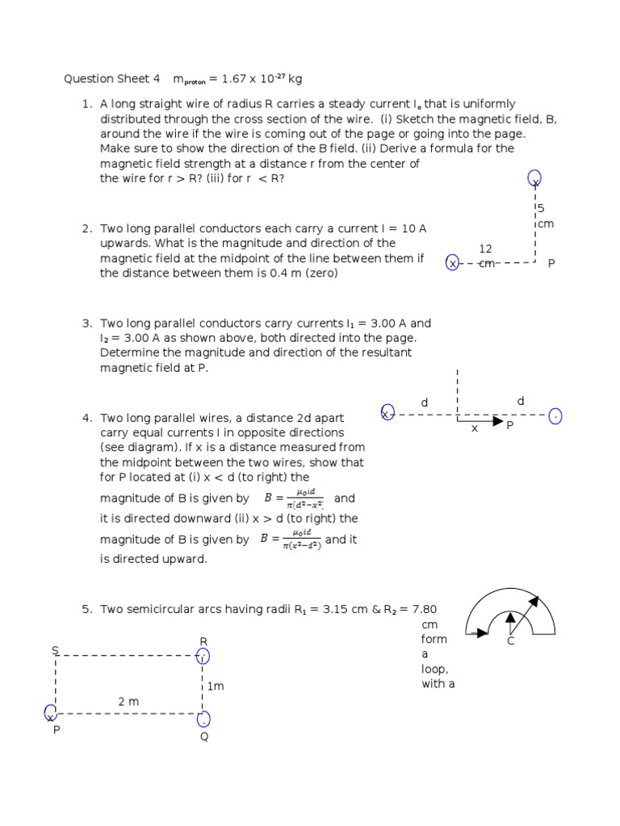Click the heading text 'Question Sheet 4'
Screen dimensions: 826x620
pos(107,79)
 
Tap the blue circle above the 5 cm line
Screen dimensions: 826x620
pos(534,178)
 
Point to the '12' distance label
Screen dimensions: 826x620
pos(485,249)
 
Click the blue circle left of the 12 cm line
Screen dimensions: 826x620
pos(452,263)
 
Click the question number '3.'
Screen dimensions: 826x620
pos(86,323)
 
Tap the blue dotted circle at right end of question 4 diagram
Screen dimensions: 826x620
pos(555,415)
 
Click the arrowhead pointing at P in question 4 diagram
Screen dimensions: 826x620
pos(498,421)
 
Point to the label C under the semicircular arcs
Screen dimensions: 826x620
pos(510,641)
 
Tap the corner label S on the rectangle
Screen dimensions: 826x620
pos(55,650)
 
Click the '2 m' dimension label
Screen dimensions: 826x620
pos(128,702)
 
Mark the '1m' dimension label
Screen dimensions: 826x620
pos(215,686)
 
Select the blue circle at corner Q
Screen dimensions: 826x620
pos(203,718)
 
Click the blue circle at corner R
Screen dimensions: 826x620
pos(203,656)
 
